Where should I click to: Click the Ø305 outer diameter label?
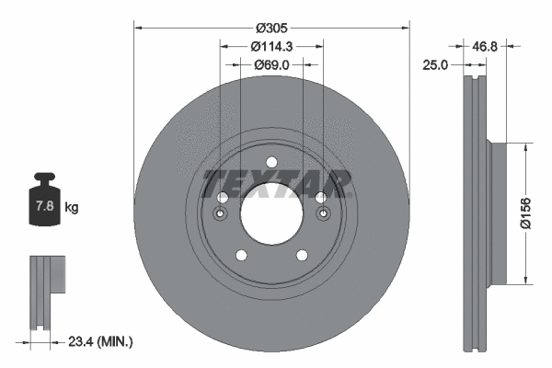tap(271, 28)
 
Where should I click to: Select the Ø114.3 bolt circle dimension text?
tap(271, 46)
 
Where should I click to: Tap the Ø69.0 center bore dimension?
tap(271, 64)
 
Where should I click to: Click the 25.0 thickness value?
tap(436, 65)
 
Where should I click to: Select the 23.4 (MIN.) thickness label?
tap(101, 341)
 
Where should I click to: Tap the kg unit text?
tap(72, 208)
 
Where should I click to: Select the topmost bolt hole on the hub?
tap(271, 163)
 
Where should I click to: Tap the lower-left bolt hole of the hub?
tap(240, 256)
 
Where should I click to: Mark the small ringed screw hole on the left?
tap(220, 214)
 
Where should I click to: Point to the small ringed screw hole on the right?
tap(323, 214)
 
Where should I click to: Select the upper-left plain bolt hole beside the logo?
tap(222, 198)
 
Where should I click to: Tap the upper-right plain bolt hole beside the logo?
tap(320, 198)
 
